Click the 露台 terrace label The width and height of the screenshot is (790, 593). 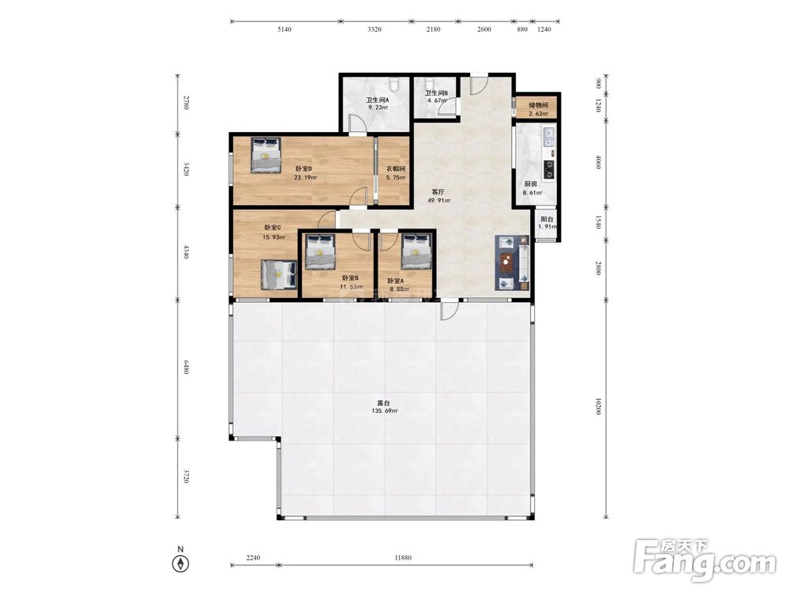click(x=384, y=403)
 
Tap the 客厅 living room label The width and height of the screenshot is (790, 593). click(x=438, y=192)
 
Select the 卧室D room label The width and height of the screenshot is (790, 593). click(x=304, y=169)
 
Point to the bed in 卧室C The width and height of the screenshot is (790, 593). click(x=279, y=274)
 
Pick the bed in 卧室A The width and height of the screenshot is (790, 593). click(x=416, y=251)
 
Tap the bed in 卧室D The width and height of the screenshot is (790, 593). click(x=266, y=156)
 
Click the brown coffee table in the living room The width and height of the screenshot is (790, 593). click(x=507, y=263)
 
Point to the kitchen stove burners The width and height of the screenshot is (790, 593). click(x=549, y=169)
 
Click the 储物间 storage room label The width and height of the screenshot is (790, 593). click(x=538, y=105)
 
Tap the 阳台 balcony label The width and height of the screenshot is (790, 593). click(x=547, y=219)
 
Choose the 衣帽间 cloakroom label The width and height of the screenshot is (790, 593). click(x=396, y=169)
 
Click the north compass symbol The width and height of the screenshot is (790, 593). click(x=180, y=563)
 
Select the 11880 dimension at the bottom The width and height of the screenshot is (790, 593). click(x=403, y=557)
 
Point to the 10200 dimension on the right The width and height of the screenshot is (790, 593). click(x=597, y=407)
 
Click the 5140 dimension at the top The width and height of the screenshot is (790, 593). click(x=284, y=29)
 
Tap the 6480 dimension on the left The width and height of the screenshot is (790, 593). click(x=186, y=367)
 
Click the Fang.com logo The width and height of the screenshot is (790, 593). click(x=705, y=560)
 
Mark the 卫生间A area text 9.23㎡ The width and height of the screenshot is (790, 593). click(x=378, y=108)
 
